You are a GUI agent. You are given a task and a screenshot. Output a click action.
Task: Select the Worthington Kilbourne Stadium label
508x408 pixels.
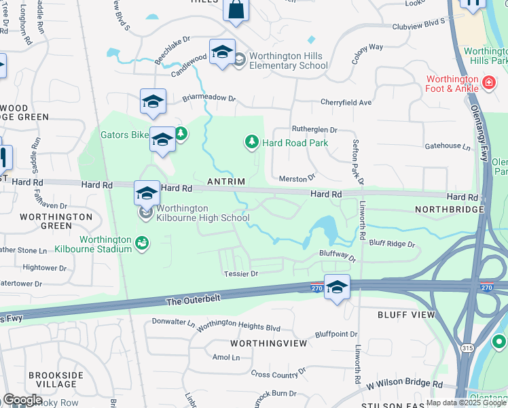[105, 244]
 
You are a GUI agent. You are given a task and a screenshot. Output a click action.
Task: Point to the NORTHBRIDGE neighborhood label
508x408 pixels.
[448, 209]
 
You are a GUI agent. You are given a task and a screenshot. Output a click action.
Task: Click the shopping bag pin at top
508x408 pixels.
[236, 10]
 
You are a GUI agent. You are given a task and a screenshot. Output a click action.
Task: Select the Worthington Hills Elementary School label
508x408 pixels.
[288, 61]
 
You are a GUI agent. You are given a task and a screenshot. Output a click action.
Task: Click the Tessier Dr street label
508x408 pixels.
[241, 274]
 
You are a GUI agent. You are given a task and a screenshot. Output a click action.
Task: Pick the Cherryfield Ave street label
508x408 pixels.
[346, 103]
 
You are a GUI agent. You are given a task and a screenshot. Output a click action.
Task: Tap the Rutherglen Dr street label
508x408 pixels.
[314, 129]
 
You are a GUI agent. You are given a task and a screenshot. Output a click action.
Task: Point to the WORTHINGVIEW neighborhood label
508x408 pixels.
[269, 344]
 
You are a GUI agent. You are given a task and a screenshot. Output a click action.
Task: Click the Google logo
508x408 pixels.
[22, 399]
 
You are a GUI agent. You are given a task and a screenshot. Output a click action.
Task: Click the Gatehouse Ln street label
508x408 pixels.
[448, 147]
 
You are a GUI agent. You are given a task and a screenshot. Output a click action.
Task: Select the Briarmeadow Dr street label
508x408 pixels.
[208, 98]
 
